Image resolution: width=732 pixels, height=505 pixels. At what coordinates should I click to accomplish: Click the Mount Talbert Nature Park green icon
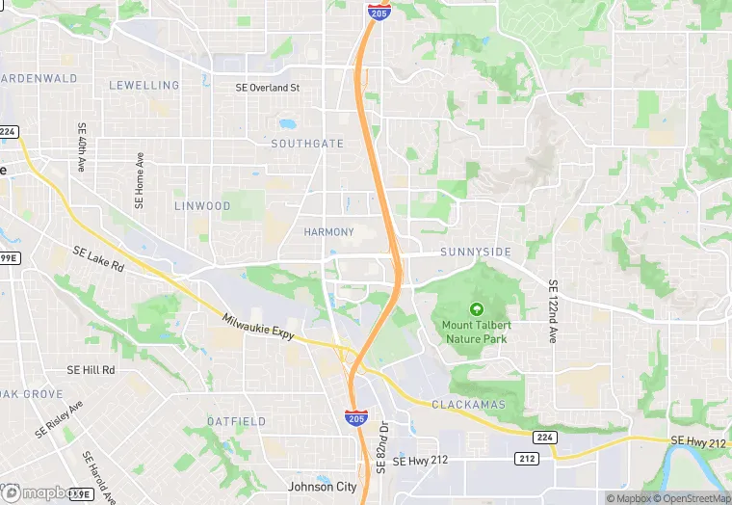(x=476, y=309)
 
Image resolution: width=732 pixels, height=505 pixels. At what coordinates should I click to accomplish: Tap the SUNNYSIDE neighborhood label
(x=475, y=252)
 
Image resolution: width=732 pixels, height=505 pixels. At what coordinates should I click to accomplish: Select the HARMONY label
(x=328, y=232)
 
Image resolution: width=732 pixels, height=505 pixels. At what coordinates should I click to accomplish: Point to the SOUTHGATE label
(x=306, y=144)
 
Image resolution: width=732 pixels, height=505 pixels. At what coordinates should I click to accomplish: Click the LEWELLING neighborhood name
(x=144, y=85)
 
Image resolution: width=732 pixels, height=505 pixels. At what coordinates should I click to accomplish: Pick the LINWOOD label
(x=202, y=206)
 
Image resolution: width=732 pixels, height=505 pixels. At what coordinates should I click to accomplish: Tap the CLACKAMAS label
(x=468, y=404)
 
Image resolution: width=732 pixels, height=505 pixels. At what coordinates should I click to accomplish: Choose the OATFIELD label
(x=237, y=421)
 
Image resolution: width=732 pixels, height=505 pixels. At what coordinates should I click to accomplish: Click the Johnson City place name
(x=323, y=487)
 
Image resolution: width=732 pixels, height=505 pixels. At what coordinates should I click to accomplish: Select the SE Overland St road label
(x=268, y=88)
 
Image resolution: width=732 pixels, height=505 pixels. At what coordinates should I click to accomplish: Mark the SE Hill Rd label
(x=91, y=370)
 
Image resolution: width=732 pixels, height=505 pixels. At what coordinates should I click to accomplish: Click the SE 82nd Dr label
(x=381, y=445)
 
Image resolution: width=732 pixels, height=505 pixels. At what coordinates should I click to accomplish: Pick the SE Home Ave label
(x=140, y=180)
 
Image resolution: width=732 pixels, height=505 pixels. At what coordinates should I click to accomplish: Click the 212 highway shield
(x=525, y=458)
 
